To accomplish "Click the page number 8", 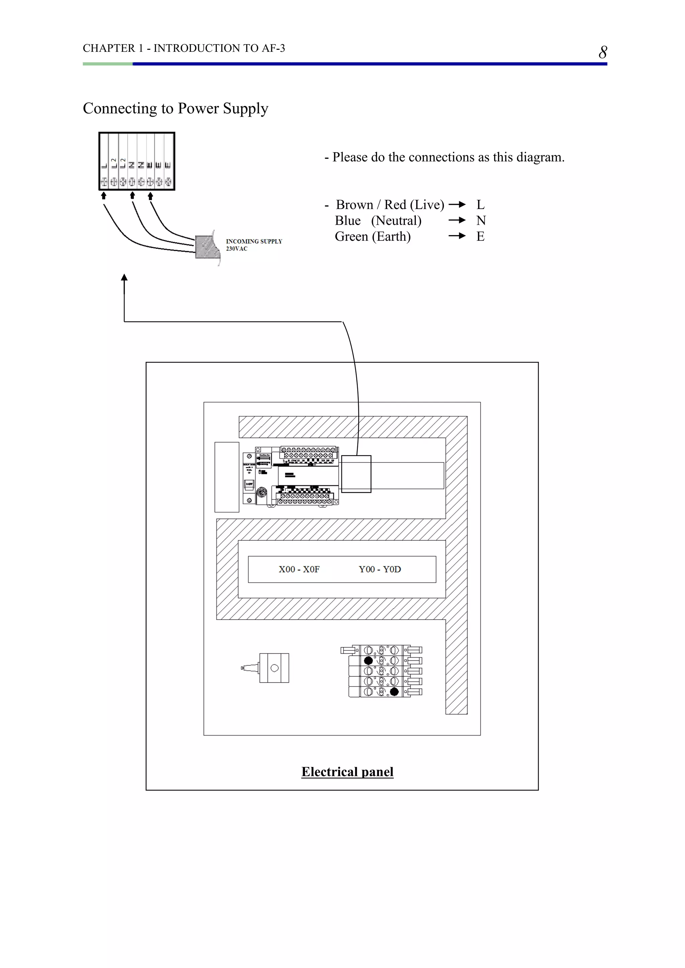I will [603, 52].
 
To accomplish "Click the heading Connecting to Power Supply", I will [176, 108].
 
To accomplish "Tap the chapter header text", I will [184, 48].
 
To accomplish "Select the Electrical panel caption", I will [347, 771].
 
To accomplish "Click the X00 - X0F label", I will [299, 569].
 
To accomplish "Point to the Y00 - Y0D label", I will [380, 569].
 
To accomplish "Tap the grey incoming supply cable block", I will [207, 247].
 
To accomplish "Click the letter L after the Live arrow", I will [480, 205].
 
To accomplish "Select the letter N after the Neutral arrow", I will [481, 220].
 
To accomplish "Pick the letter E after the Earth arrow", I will [480, 236].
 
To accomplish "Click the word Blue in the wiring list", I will [348, 220].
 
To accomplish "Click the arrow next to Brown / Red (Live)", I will [457, 205].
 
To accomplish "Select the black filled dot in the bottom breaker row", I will [394, 692].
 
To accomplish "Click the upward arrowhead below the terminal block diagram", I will [124, 278].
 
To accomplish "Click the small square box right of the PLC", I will [356, 474].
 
